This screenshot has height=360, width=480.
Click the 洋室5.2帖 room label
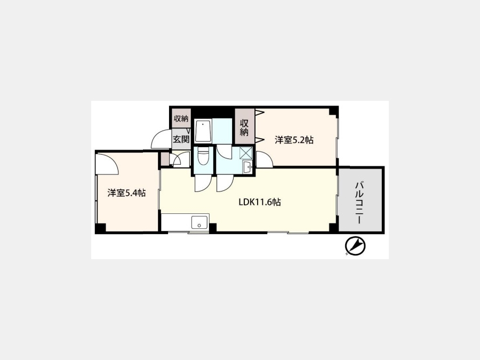point(294,140)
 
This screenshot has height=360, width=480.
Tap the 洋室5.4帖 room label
point(126,193)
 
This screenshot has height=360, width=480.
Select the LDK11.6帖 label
point(260,202)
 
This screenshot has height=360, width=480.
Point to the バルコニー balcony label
point(359,203)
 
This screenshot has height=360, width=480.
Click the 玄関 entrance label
point(181,139)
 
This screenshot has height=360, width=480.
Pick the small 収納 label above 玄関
point(181,118)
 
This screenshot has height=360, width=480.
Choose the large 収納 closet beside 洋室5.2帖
point(244,127)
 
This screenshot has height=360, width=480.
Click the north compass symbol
point(355,245)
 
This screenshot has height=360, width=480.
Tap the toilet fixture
point(203,157)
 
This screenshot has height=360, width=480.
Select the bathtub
point(203,131)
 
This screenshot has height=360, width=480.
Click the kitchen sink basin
point(199,222)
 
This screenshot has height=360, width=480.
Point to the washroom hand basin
point(247,167)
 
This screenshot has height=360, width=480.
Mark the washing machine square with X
point(246,153)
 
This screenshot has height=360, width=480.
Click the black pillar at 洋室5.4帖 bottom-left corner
point(100,229)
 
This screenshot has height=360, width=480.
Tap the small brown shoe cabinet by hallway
point(165,159)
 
